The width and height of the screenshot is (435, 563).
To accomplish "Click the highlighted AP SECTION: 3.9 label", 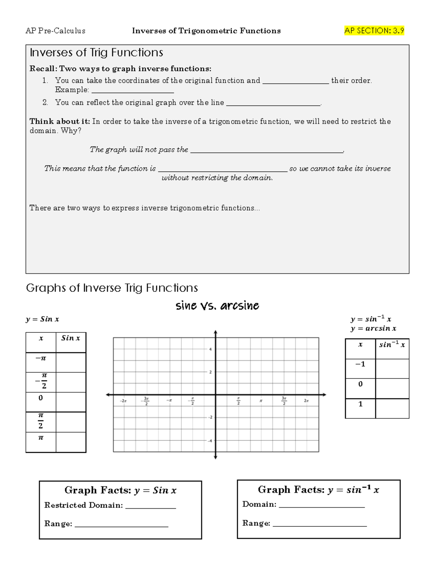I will [374, 31].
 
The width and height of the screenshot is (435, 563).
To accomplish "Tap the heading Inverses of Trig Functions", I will [96, 53].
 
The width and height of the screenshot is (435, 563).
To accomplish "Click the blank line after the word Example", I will [133, 91].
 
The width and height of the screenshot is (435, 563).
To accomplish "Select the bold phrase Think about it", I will [59, 121].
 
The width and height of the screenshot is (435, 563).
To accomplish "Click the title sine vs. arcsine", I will [217, 306].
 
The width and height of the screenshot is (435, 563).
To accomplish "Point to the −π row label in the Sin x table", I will [41, 359].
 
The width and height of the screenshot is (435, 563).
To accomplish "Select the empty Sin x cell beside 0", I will [71, 402].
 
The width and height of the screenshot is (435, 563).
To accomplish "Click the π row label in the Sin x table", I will [41, 438].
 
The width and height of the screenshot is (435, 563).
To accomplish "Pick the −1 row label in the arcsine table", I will [360, 364].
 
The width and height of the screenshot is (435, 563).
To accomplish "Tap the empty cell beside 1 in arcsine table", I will [392, 408].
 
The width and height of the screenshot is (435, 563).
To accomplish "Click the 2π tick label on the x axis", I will [306, 401].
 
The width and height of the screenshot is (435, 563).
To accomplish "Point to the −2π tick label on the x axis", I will [124, 401].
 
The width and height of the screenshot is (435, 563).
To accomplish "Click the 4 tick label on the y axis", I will [210, 349].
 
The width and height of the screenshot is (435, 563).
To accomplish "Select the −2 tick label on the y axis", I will [209, 417].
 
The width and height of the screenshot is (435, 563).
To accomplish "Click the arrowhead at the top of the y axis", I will [215, 332].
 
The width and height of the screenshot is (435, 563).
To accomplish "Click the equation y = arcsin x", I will [373, 328].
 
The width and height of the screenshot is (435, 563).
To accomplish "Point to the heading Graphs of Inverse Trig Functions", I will [112, 288].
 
